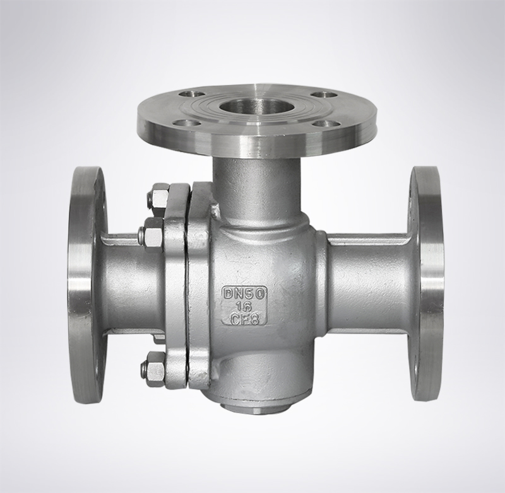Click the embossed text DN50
[x=245, y=293]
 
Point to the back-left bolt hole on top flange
[x=193, y=94]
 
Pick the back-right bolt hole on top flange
[x=324, y=95]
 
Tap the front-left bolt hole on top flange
[x=184, y=124]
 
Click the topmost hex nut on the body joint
[x=158, y=198]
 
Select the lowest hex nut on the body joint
[x=153, y=369]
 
